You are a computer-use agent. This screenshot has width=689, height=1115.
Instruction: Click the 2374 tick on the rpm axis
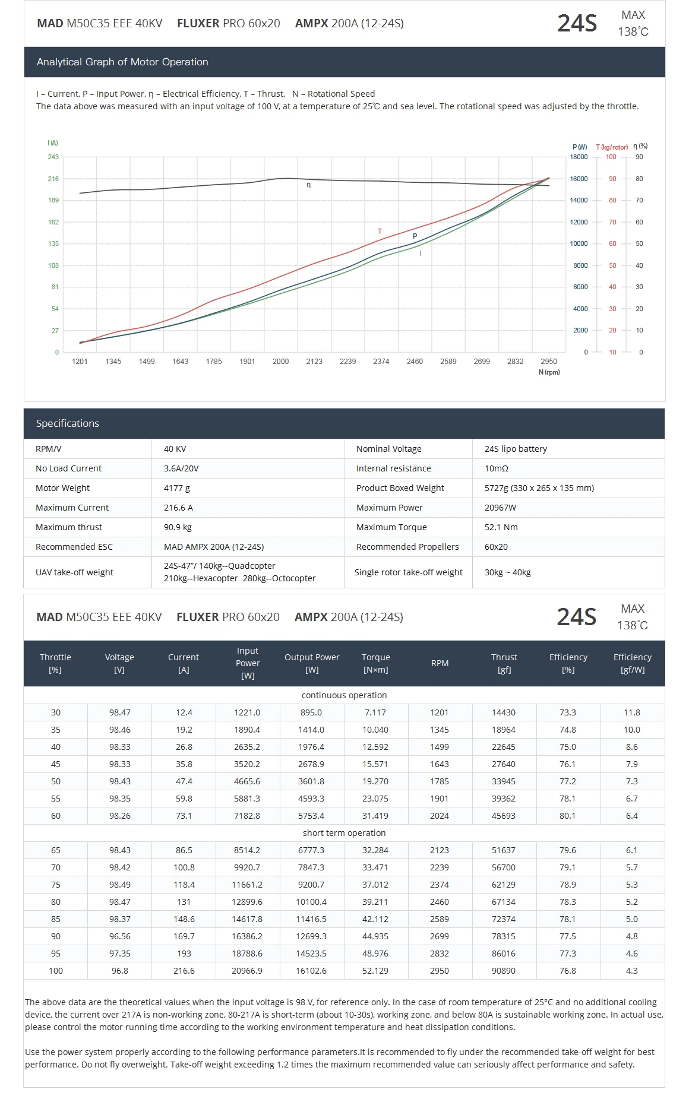[381, 362]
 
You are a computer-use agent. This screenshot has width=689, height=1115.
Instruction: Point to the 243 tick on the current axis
[53, 157]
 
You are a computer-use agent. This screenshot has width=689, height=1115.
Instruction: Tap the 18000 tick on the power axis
[579, 157]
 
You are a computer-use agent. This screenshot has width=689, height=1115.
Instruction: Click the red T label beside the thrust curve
[380, 232]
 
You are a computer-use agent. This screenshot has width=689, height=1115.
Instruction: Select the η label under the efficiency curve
[309, 185]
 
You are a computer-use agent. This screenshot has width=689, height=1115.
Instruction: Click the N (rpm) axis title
[549, 372]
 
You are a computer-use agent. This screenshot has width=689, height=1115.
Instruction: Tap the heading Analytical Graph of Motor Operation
[122, 62]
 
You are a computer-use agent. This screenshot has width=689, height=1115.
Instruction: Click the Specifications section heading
[68, 423]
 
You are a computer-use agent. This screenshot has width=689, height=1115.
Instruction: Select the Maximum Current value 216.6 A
[178, 508]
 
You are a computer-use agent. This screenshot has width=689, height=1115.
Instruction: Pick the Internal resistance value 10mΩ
[497, 468]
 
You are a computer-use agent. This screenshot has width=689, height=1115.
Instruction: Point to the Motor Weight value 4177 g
[177, 488]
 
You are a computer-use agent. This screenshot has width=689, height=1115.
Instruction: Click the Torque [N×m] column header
[376, 663]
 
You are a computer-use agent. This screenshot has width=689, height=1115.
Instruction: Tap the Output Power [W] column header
[312, 663]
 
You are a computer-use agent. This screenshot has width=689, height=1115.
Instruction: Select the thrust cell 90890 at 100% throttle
[504, 971]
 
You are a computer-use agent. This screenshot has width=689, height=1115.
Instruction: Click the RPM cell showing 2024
[440, 816]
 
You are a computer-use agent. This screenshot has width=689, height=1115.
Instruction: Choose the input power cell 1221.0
[247, 712]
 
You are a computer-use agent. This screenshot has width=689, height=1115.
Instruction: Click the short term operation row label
[344, 833]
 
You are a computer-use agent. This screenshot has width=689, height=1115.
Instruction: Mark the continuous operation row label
[344, 695]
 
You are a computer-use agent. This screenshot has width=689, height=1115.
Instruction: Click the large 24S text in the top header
[577, 24]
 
